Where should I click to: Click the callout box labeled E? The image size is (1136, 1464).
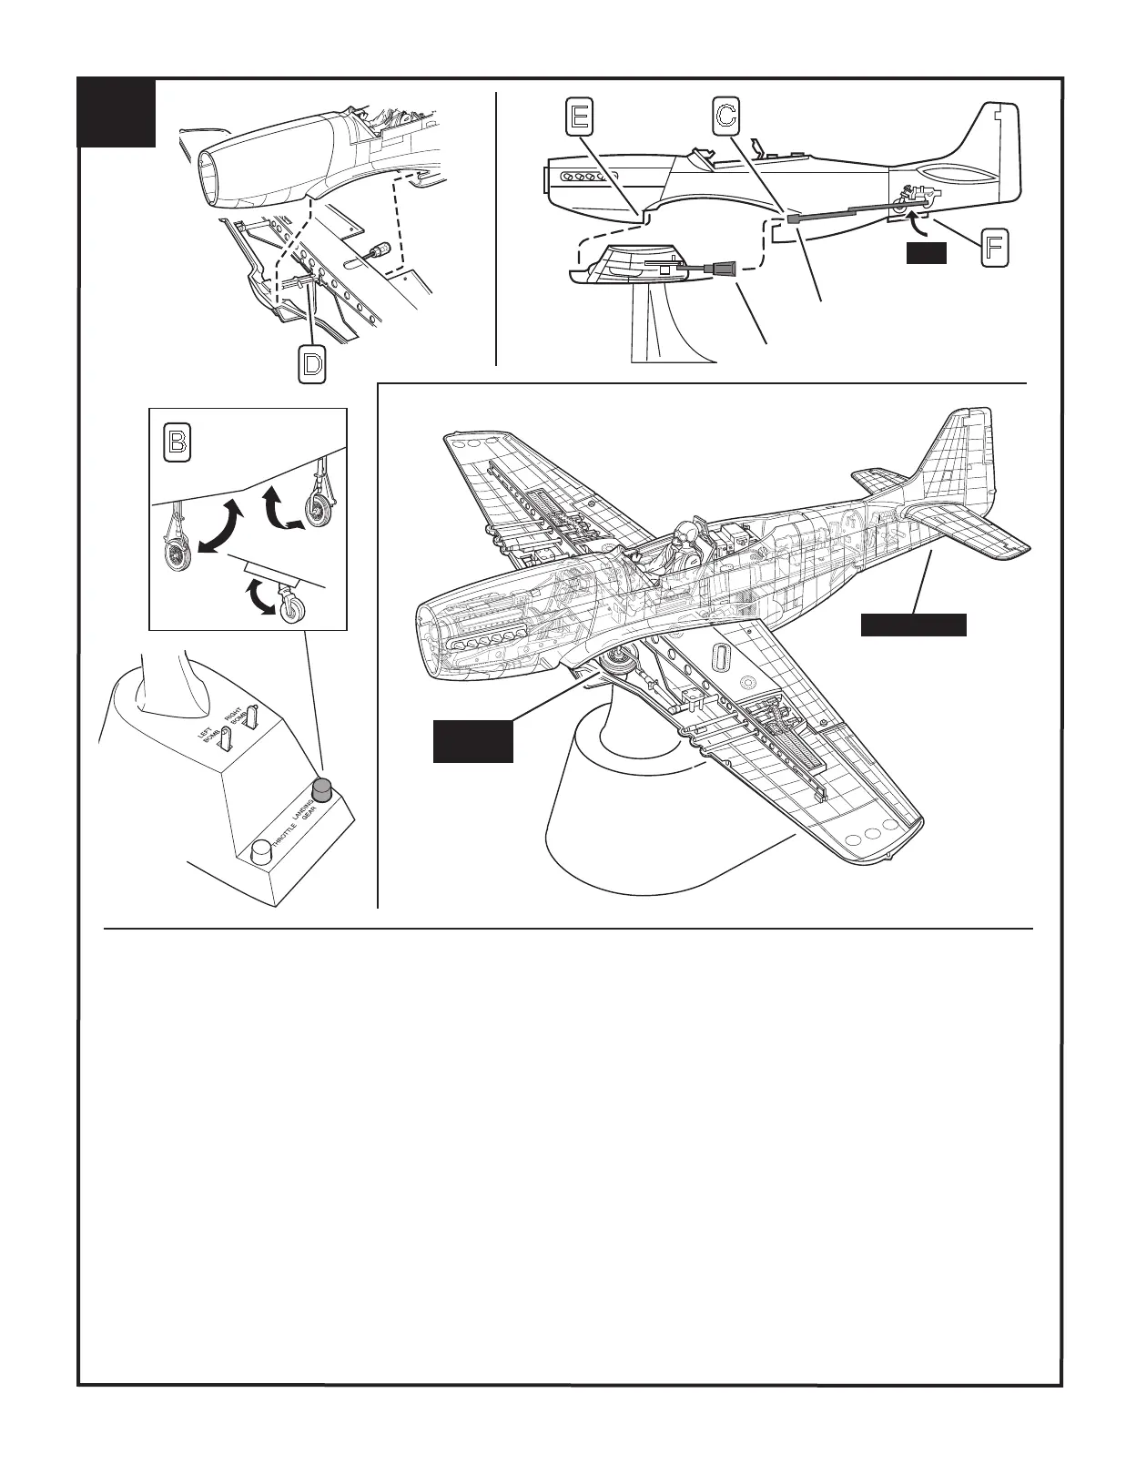pos(579,117)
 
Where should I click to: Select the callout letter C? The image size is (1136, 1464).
pos(725,117)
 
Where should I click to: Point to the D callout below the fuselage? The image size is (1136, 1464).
pos(311,365)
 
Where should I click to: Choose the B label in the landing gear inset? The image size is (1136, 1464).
pos(177,442)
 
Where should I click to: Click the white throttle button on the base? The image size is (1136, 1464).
pos(262,852)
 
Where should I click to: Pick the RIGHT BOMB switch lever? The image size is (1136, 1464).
pos(254,716)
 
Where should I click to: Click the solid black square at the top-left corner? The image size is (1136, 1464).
pos(117,114)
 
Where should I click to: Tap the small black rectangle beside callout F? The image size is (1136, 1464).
pos(927,254)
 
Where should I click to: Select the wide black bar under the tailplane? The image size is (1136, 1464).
pos(914,625)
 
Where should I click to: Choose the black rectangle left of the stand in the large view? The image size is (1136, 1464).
pos(472,740)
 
